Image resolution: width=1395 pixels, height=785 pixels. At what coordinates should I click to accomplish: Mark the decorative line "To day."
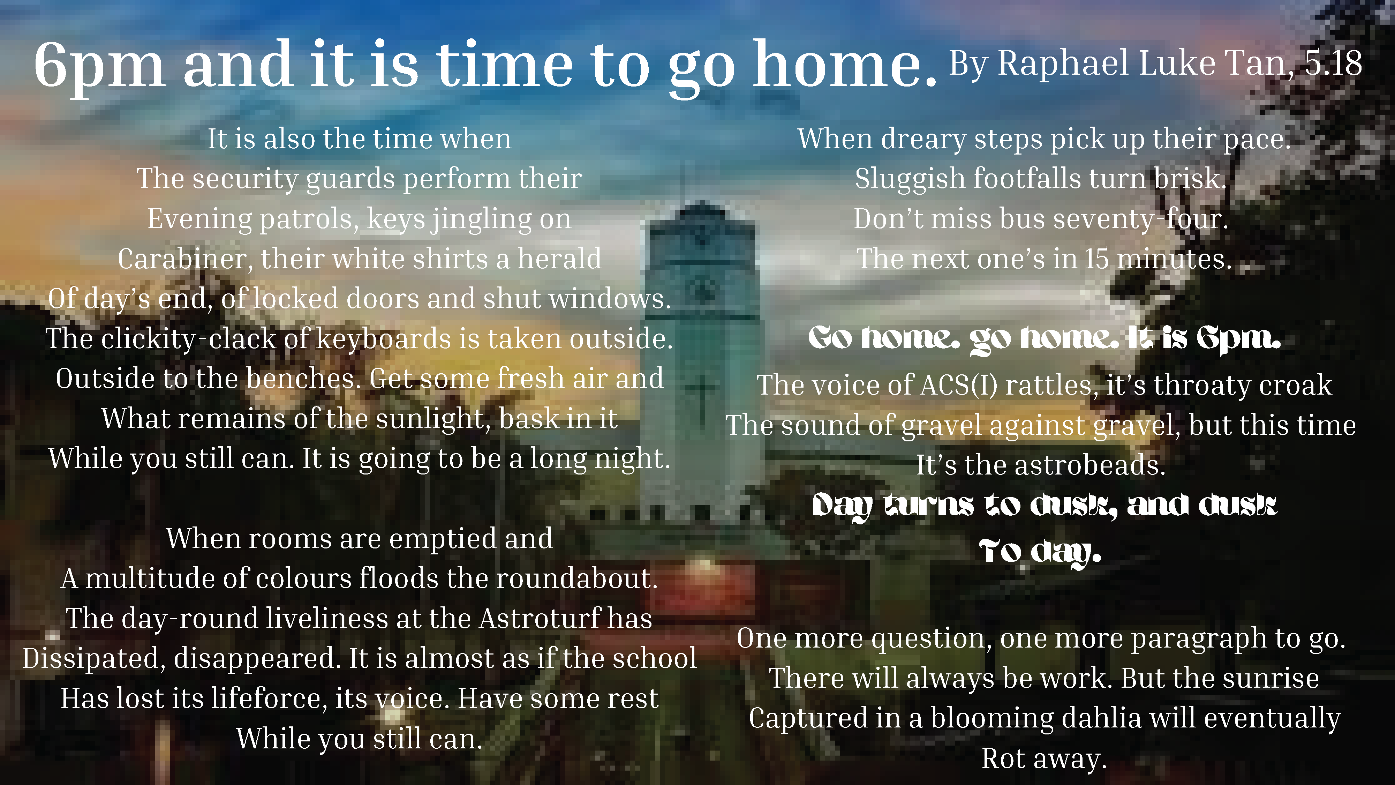coord(1040,552)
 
